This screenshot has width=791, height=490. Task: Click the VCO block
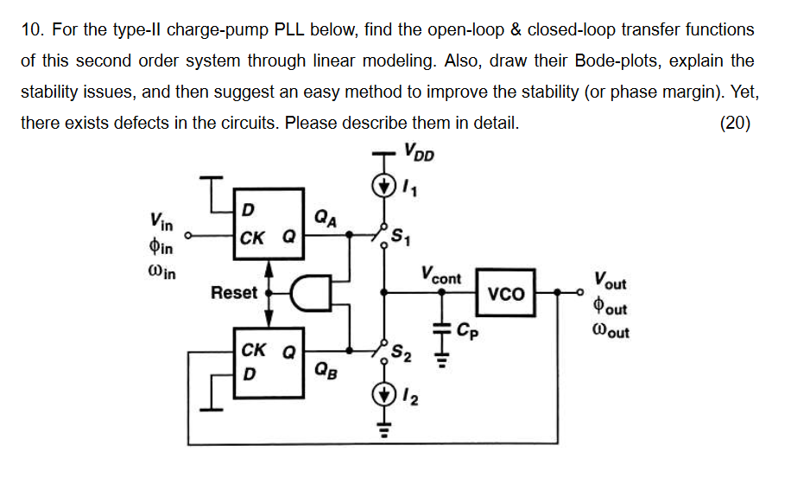coord(506,294)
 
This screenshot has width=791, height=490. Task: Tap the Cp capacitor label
coord(466,330)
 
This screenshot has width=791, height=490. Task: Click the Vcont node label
coord(441,277)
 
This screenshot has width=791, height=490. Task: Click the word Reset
coord(234,293)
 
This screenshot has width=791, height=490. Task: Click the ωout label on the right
coord(611,330)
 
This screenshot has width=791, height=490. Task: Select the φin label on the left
coord(161,248)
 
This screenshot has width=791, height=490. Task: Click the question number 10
coord(32,30)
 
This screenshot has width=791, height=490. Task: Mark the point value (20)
coord(735,123)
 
